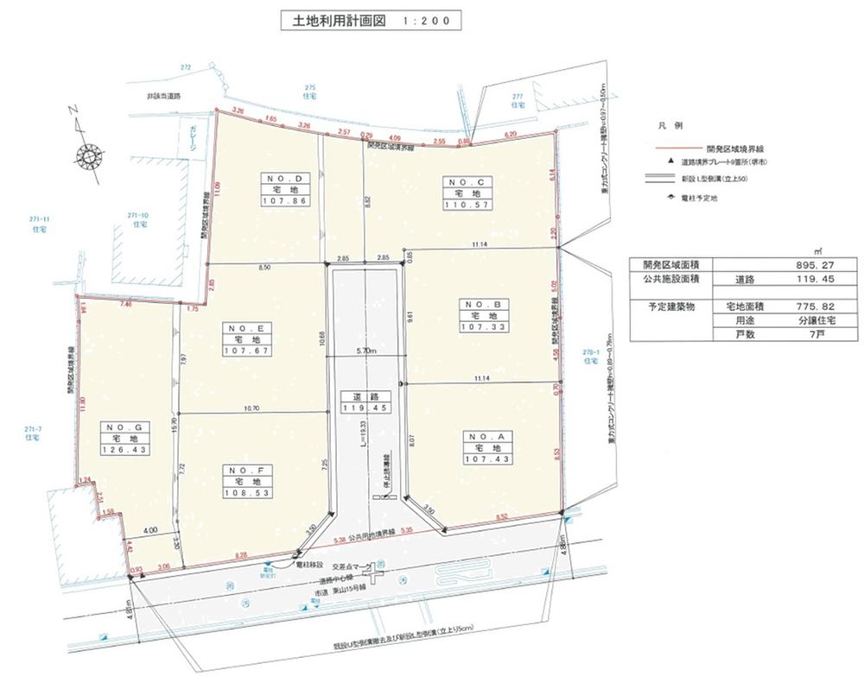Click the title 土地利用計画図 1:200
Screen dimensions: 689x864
pyautogui.click(x=371, y=21)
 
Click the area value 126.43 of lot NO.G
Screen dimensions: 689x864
pyautogui.click(x=125, y=450)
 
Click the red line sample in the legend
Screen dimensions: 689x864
pyautogui.click(x=670, y=148)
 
